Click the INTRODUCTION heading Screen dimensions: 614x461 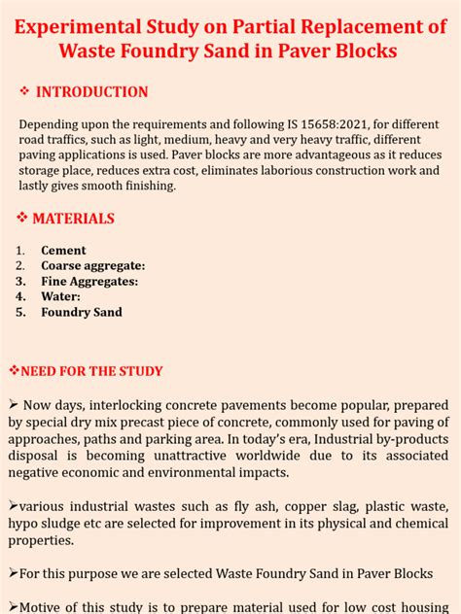[x=92, y=92]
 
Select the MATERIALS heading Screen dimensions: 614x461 [x=73, y=219]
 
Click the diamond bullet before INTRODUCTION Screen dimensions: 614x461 [x=25, y=92]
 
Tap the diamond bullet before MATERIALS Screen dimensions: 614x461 [x=22, y=219]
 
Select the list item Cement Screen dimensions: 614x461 [x=63, y=251]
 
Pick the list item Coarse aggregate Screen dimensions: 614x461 [x=92, y=266]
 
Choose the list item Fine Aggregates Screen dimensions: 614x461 [x=89, y=282]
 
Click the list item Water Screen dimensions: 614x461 [x=60, y=297]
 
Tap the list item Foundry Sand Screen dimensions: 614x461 [x=82, y=313]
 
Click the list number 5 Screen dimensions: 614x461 [x=20, y=313]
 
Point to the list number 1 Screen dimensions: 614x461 [x=20, y=251]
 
